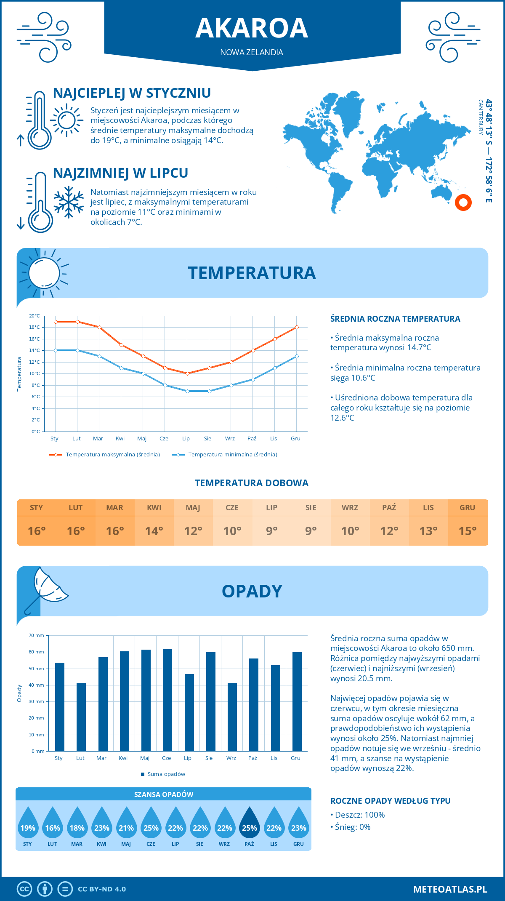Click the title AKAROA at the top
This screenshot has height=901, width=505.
point(252,28)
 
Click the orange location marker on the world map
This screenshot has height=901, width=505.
point(463,203)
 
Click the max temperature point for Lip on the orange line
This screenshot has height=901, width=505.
point(187,373)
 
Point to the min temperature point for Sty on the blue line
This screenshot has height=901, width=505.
point(56,350)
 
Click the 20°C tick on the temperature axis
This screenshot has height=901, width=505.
point(35,316)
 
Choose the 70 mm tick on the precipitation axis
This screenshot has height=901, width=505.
point(37,635)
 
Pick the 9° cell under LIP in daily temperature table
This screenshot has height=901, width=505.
point(271,531)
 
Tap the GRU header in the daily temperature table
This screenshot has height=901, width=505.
point(467,508)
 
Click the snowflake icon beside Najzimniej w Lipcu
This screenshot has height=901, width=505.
point(69,202)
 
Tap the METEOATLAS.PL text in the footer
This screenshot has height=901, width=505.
point(450,889)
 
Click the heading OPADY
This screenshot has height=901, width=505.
point(252,591)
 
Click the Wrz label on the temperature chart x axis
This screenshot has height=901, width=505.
point(230,439)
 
